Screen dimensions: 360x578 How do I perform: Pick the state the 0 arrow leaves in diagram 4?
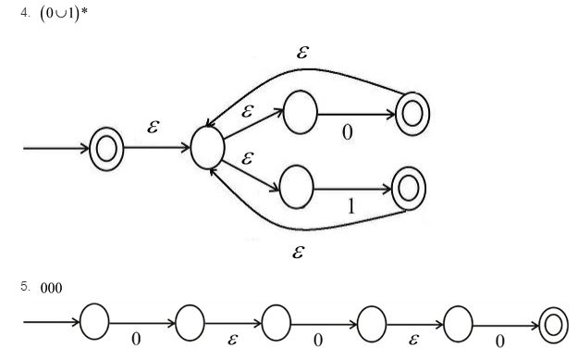301,113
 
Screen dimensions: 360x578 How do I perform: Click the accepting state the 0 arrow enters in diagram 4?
412,113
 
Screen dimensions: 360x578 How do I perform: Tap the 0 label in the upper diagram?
347,133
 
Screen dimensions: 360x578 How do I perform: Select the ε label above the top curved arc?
302,52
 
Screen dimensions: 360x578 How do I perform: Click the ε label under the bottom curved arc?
298,251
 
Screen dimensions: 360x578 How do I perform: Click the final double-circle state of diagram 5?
555,323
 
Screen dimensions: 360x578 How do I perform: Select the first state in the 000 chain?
94,322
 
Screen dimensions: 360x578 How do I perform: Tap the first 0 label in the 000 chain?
136,340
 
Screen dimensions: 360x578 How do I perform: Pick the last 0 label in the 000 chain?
499,340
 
